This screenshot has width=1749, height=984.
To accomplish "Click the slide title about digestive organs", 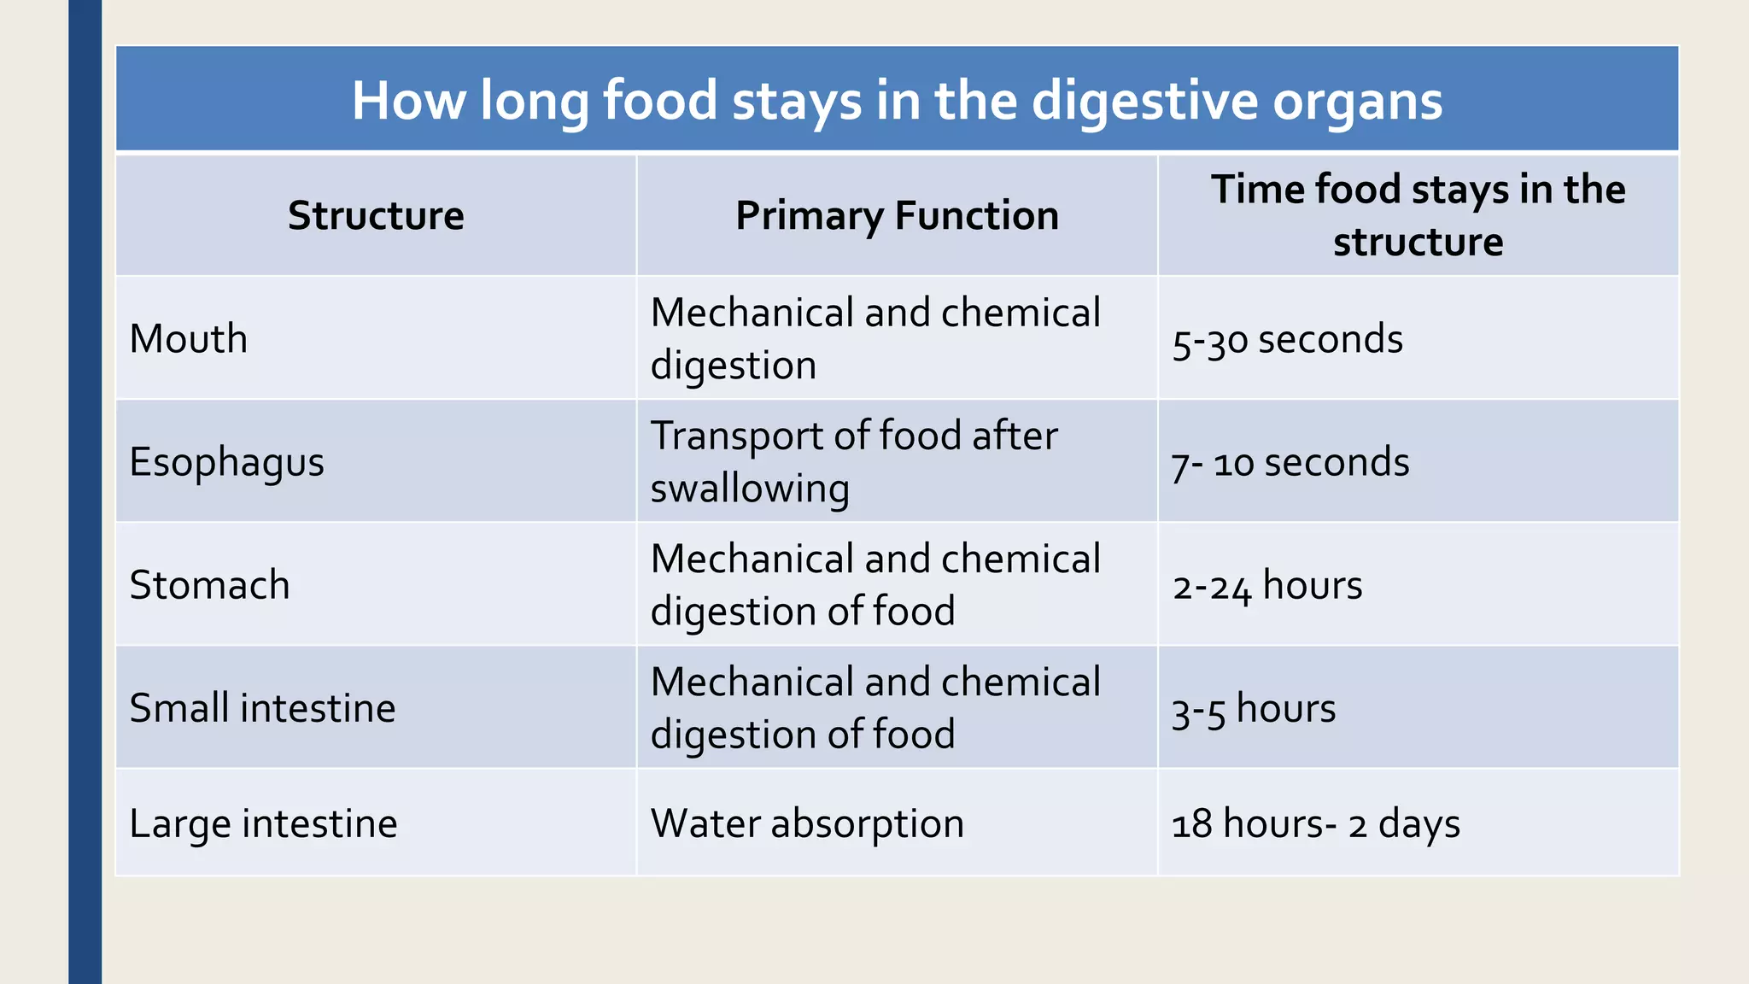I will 897,101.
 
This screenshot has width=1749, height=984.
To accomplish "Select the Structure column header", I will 376,215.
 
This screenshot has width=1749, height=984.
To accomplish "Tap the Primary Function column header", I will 897,215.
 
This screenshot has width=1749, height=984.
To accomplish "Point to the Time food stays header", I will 1418,215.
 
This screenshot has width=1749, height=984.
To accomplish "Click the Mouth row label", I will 189,339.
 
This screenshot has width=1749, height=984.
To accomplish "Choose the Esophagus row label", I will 226,463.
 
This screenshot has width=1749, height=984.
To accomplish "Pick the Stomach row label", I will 209,586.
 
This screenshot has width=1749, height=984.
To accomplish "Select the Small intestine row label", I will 262,709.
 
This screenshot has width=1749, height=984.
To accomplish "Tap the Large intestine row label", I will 263,824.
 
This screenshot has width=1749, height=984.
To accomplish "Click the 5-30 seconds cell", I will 1287,340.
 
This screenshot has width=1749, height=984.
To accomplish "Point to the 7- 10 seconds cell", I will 1290,463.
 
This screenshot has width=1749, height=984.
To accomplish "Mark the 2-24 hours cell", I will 1267,586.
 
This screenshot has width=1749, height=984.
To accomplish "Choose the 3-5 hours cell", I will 1253,709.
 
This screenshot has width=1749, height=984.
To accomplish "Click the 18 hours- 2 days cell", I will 1315,824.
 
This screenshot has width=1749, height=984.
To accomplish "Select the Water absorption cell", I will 807,824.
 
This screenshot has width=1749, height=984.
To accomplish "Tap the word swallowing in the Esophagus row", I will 750,489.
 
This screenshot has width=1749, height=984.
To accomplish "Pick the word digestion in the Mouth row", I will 733,366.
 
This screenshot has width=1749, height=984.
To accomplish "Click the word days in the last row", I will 1419,824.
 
